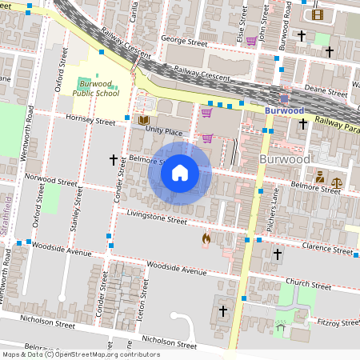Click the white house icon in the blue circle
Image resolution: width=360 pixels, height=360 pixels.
coord(180,172)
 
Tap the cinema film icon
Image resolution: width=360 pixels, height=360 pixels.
coord(318,14)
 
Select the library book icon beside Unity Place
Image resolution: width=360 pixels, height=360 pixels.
coord(144,121)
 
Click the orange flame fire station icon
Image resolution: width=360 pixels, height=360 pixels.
coord(206,238)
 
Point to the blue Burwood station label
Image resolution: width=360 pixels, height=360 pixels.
coord(285,110)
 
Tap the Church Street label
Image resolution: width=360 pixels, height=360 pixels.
coord(308,284)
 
